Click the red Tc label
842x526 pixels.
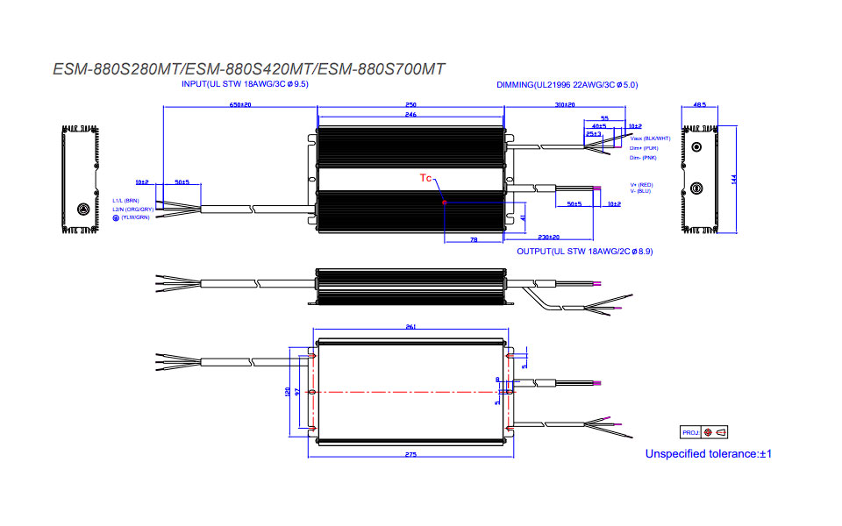(425, 178)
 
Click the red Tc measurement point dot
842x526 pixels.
(446, 203)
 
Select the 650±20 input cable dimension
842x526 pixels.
(240, 104)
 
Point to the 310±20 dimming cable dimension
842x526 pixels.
(565, 104)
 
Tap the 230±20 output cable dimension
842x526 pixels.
(549, 237)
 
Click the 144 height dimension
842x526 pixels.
(733, 178)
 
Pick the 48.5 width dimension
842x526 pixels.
(699, 104)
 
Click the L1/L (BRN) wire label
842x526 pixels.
(126, 200)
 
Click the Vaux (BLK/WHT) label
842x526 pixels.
(650, 139)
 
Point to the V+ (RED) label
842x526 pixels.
(642, 185)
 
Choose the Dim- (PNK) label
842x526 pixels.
(643, 158)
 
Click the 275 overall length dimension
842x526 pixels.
(410, 455)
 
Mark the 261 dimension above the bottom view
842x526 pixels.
(410, 327)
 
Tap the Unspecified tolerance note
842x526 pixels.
(708, 454)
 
